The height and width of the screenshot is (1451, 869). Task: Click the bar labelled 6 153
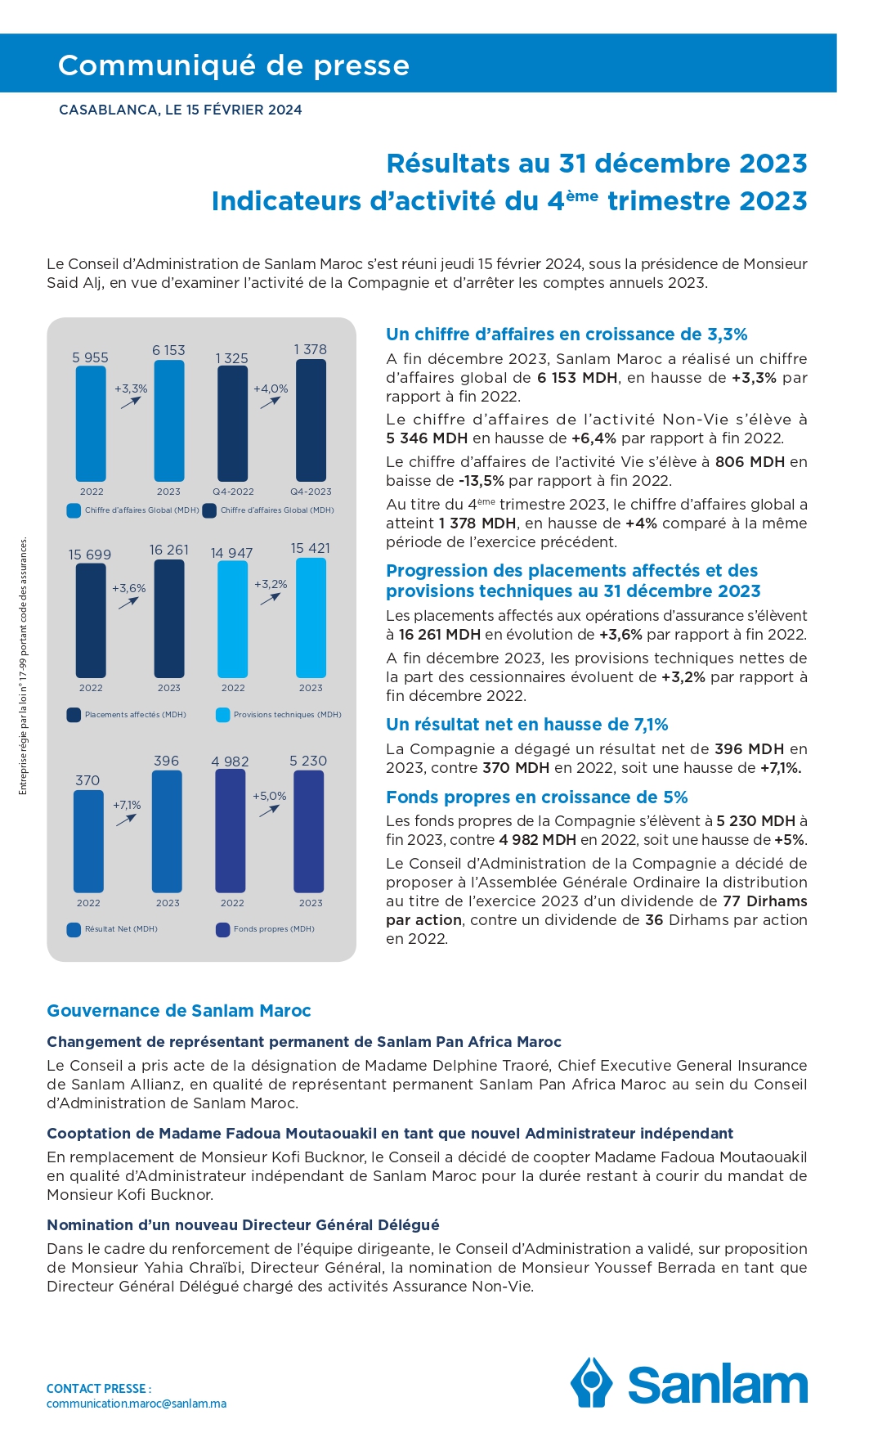point(169,420)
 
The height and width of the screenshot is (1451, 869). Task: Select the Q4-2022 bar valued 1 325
point(232,424)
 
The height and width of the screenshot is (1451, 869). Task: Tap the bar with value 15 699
point(91,621)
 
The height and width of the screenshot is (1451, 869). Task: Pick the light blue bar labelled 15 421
point(311,618)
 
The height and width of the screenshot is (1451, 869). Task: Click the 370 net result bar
point(88,841)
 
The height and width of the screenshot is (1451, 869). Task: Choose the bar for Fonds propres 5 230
point(309,831)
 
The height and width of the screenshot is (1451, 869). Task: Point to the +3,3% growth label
point(131,389)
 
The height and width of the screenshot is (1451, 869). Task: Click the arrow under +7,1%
point(126,820)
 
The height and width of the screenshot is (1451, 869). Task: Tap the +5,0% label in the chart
point(270,796)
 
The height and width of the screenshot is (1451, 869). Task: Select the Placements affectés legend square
point(74,715)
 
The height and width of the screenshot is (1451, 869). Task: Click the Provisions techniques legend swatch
point(222,715)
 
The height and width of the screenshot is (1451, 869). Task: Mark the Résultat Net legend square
point(74,929)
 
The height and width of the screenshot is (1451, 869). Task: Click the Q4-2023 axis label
point(311,492)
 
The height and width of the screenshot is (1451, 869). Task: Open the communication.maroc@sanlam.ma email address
point(137,1404)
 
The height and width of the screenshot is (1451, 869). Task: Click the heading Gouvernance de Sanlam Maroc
point(179,1011)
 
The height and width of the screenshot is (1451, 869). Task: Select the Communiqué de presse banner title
point(234,65)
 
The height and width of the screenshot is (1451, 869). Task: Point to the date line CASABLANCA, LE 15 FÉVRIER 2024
point(181,110)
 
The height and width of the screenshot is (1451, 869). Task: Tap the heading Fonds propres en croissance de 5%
point(537,797)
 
